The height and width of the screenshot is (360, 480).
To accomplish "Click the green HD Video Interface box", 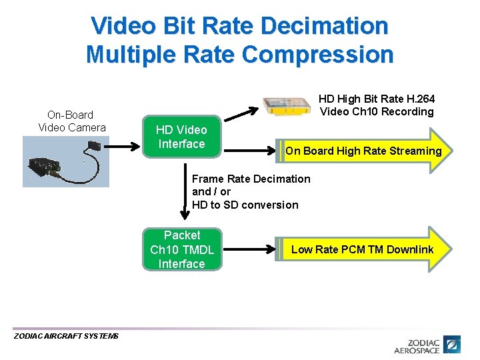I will click(181, 137).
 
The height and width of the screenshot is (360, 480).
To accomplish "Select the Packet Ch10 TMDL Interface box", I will click(182, 249).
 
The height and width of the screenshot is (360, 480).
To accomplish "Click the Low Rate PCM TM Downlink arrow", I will click(363, 249).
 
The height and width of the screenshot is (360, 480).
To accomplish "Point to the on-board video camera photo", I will click(65, 161).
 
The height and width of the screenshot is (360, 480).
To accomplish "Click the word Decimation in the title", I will click(325, 26).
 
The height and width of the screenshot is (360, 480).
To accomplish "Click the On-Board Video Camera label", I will click(71, 121).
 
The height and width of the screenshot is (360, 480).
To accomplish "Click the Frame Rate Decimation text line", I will click(251, 179).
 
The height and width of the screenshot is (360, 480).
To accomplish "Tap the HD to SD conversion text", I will click(245, 205).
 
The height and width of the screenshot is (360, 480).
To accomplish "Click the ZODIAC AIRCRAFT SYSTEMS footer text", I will click(66, 336).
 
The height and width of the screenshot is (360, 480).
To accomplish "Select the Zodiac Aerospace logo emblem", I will click(453, 345).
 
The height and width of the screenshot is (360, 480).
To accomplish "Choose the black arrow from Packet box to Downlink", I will click(249, 250).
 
